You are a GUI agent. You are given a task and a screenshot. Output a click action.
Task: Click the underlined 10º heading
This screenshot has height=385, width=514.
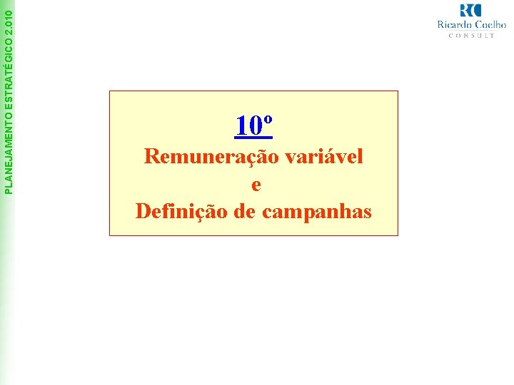coord(253,125)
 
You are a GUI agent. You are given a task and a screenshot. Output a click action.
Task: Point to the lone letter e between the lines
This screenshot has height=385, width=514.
coord(256,185)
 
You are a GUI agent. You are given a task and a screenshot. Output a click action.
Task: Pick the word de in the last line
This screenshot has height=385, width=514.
coord(246,212)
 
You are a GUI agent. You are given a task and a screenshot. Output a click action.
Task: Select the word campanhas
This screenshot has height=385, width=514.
coord(317,212)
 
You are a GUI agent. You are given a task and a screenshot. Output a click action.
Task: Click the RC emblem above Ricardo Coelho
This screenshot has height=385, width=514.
coord(471,10)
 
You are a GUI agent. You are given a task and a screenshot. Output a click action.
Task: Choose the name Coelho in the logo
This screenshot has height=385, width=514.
coord(490,24)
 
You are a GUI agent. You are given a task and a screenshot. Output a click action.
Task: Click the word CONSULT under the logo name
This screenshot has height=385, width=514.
coord(471,35)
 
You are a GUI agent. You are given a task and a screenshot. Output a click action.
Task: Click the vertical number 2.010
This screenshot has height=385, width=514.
coord(8,15)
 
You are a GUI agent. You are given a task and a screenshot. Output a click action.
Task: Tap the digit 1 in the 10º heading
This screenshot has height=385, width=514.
coord(241,126)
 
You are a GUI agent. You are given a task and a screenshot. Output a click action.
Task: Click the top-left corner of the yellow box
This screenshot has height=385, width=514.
coord(110,91)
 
